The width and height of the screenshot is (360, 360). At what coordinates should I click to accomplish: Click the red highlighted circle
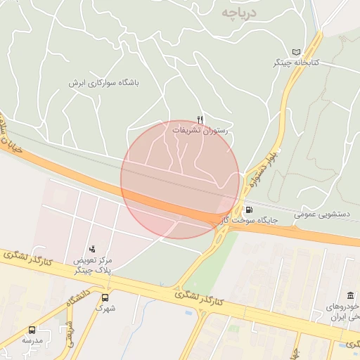click(x=180, y=179)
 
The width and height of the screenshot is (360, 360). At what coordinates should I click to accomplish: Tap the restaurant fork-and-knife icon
click(x=200, y=120)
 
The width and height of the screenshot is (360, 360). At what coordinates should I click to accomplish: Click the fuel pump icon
click(x=249, y=210)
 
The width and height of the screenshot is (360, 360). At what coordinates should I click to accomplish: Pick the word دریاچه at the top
click(x=238, y=13)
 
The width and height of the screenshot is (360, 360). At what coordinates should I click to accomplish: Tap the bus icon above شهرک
click(x=105, y=297)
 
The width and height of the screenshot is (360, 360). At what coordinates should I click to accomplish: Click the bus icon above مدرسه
click(x=32, y=330)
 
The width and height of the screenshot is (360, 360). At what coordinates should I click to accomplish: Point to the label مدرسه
click(x=32, y=340)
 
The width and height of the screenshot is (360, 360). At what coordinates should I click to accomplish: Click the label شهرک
click(x=105, y=308)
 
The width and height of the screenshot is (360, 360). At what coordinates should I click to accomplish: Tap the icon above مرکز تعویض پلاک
click(x=92, y=249)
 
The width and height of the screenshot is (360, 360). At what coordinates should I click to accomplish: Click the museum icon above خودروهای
click(x=350, y=296)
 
